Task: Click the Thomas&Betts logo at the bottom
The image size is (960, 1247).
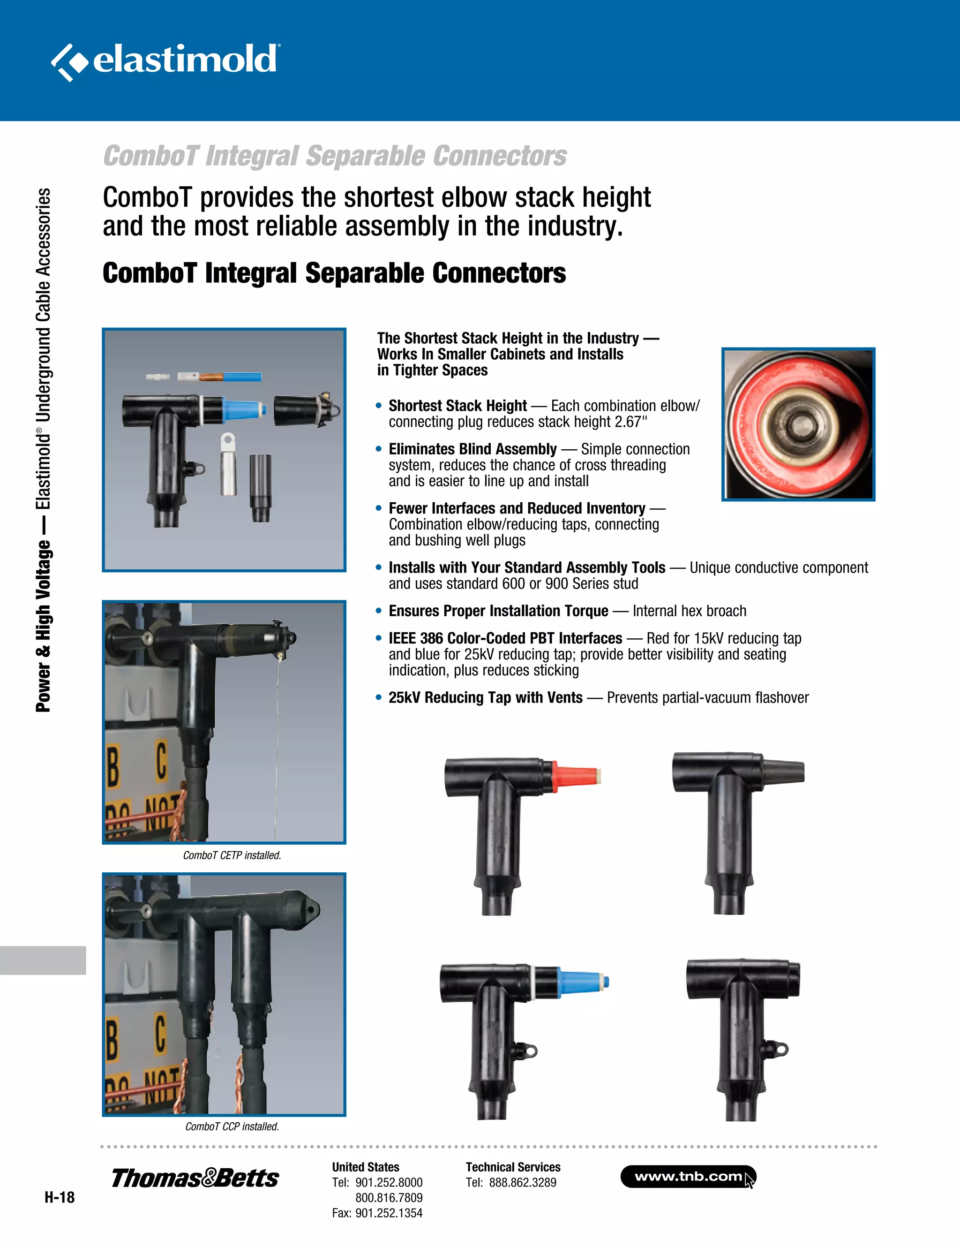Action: coord(195,1178)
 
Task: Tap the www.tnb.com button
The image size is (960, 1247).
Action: coord(688,1176)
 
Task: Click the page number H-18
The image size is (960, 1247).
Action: coord(60,1197)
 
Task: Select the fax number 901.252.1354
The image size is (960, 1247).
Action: coord(389,1213)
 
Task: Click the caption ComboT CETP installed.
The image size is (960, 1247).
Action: coord(232,855)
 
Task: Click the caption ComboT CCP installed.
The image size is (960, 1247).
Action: coord(232,1126)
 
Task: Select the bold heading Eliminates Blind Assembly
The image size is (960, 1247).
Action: coord(472,449)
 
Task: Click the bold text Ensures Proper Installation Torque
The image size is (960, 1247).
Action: coord(498,611)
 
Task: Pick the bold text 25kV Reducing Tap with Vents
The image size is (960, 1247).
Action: coord(486,698)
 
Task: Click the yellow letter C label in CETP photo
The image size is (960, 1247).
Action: coord(162,760)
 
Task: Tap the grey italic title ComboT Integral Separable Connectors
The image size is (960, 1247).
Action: coord(335,156)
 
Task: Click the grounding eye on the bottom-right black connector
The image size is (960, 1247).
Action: coord(780,1049)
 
